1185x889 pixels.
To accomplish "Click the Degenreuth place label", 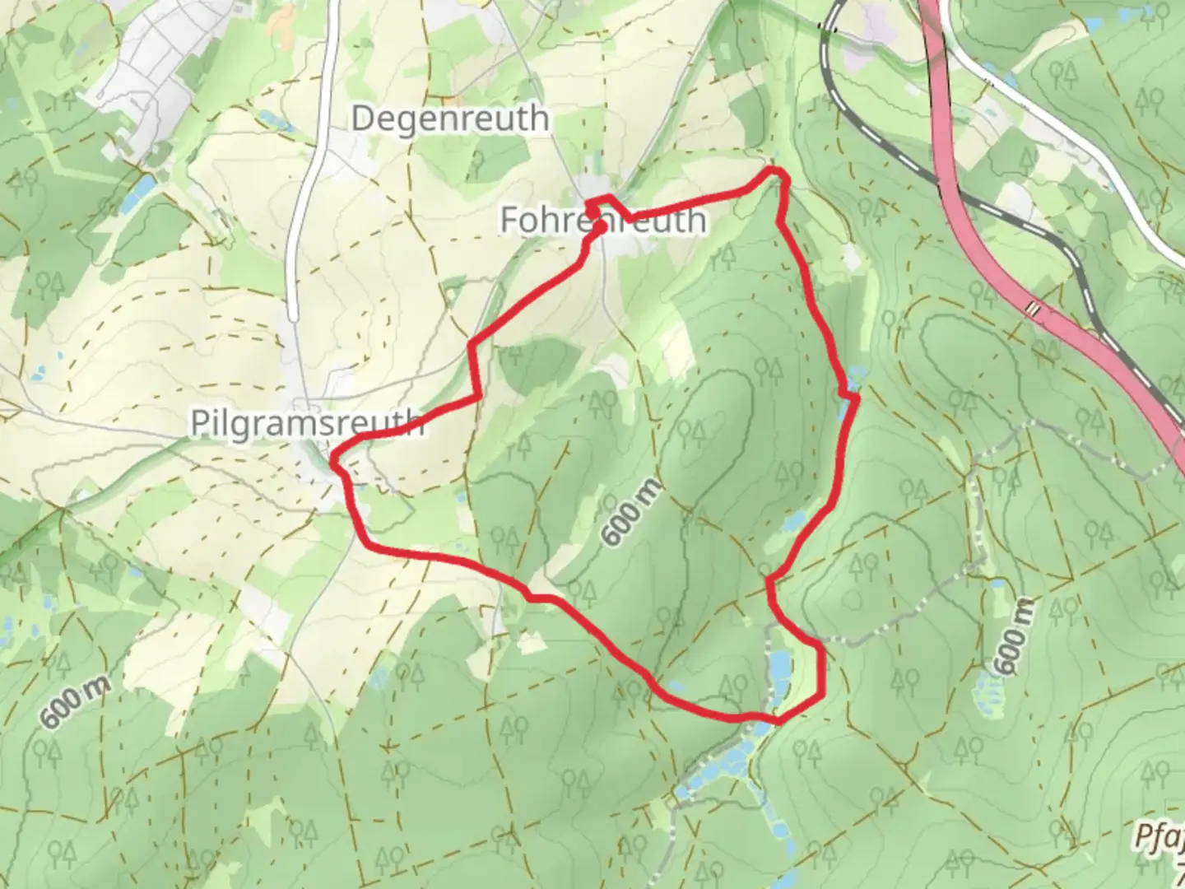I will [449, 119].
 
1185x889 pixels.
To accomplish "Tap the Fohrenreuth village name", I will [602, 221].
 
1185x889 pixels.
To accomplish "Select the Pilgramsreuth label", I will [307, 422].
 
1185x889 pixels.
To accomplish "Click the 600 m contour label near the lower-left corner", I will [73, 702].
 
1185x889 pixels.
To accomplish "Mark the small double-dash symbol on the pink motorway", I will [1032, 309].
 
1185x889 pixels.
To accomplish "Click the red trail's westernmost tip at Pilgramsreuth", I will [332, 465].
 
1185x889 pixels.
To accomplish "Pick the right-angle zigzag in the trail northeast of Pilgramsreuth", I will [475, 370].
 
